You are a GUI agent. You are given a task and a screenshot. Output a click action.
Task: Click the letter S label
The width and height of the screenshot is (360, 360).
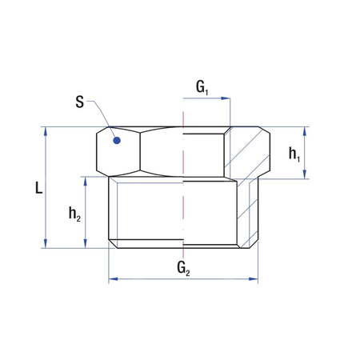pyautogui.click(x=79, y=102)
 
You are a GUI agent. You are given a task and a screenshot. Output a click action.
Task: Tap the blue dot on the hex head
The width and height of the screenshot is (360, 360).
pyautogui.click(x=117, y=141)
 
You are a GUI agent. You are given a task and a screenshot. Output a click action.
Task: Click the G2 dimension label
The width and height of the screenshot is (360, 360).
pyautogui.click(x=183, y=266)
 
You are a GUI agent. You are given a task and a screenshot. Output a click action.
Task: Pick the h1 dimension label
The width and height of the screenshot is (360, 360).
pyautogui.click(x=294, y=152)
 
